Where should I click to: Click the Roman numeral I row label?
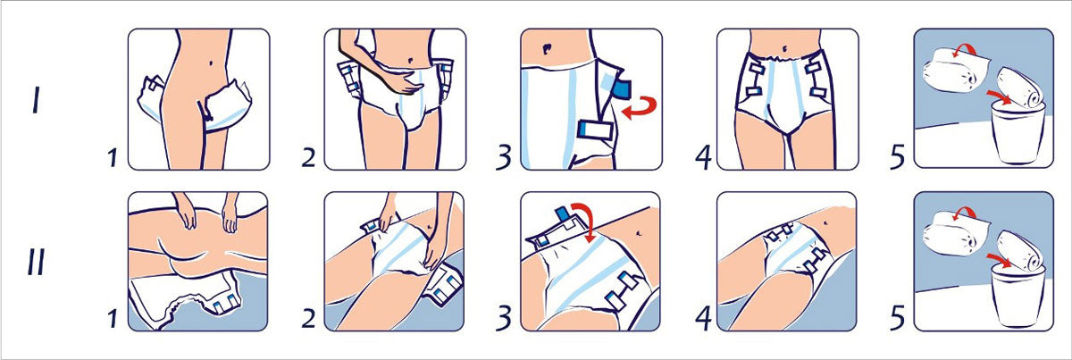[x=36, y=100]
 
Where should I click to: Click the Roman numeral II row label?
[x=37, y=262]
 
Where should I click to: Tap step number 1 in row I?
[x=113, y=158]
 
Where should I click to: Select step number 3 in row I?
[x=504, y=157]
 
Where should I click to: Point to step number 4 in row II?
[x=703, y=318]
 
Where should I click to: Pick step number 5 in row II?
[x=898, y=318]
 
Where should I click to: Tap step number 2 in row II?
[x=309, y=319]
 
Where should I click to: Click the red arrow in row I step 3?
[x=641, y=107]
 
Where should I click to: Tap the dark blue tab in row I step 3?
[x=622, y=89]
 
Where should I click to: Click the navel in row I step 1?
[x=211, y=63]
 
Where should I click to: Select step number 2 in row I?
[x=309, y=158]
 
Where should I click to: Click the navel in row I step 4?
[x=784, y=49]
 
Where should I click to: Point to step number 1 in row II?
[x=113, y=319]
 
